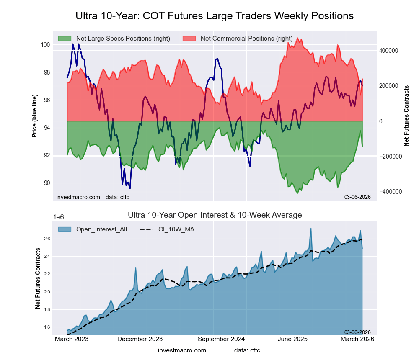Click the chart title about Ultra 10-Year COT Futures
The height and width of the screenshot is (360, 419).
tap(215, 16)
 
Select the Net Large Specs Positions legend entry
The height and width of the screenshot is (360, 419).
tap(114, 39)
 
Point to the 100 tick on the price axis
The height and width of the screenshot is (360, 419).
tap(45, 45)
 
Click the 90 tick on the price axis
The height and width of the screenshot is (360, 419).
tap(46, 183)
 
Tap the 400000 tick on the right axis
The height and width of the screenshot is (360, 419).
tap(388, 51)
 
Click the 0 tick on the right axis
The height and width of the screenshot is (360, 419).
tap(381, 121)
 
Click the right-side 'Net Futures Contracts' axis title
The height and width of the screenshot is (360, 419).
tap(406, 116)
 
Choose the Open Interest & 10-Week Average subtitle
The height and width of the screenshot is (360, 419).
tap(215, 215)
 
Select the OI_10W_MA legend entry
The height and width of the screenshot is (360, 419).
tap(176, 229)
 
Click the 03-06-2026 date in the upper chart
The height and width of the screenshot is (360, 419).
tap(357, 197)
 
